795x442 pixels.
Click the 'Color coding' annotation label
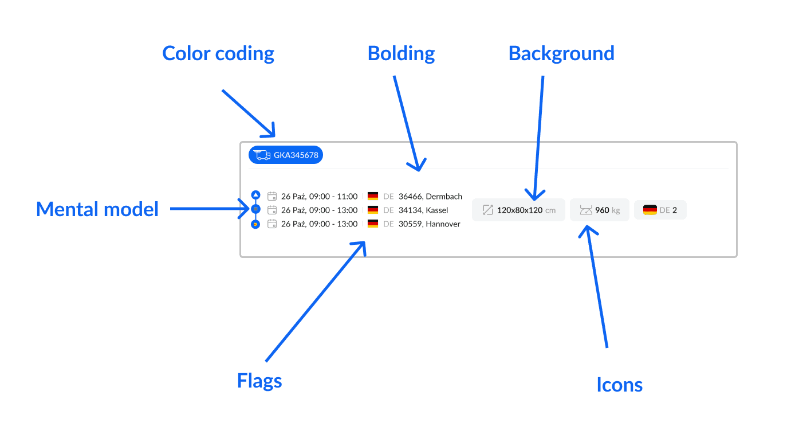(x=218, y=53)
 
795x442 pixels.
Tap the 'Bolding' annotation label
(x=401, y=53)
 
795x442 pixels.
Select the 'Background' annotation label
(x=561, y=53)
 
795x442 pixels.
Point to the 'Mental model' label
(x=97, y=209)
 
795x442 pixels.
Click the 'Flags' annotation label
(x=259, y=381)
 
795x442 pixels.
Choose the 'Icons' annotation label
(x=619, y=385)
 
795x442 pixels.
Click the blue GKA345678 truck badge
(x=286, y=155)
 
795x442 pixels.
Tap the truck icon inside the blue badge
(x=262, y=155)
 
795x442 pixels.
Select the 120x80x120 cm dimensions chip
(x=518, y=210)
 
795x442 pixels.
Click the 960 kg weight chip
(x=599, y=210)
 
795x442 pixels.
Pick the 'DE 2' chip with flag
(x=660, y=210)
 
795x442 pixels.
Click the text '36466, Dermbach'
(x=430, y=197)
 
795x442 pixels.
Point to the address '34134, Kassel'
(x=423, y=210)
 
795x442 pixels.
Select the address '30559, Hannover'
(x=430, y=224)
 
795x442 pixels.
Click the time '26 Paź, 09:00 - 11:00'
(x=319, y=197)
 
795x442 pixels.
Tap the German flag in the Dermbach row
(x=373, y=196)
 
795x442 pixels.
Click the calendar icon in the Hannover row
(x=272, y=224)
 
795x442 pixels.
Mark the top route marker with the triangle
(x=256, y=195)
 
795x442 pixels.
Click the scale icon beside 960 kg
(x=585, y=210)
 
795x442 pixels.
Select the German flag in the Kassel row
(x=373, y=210)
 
